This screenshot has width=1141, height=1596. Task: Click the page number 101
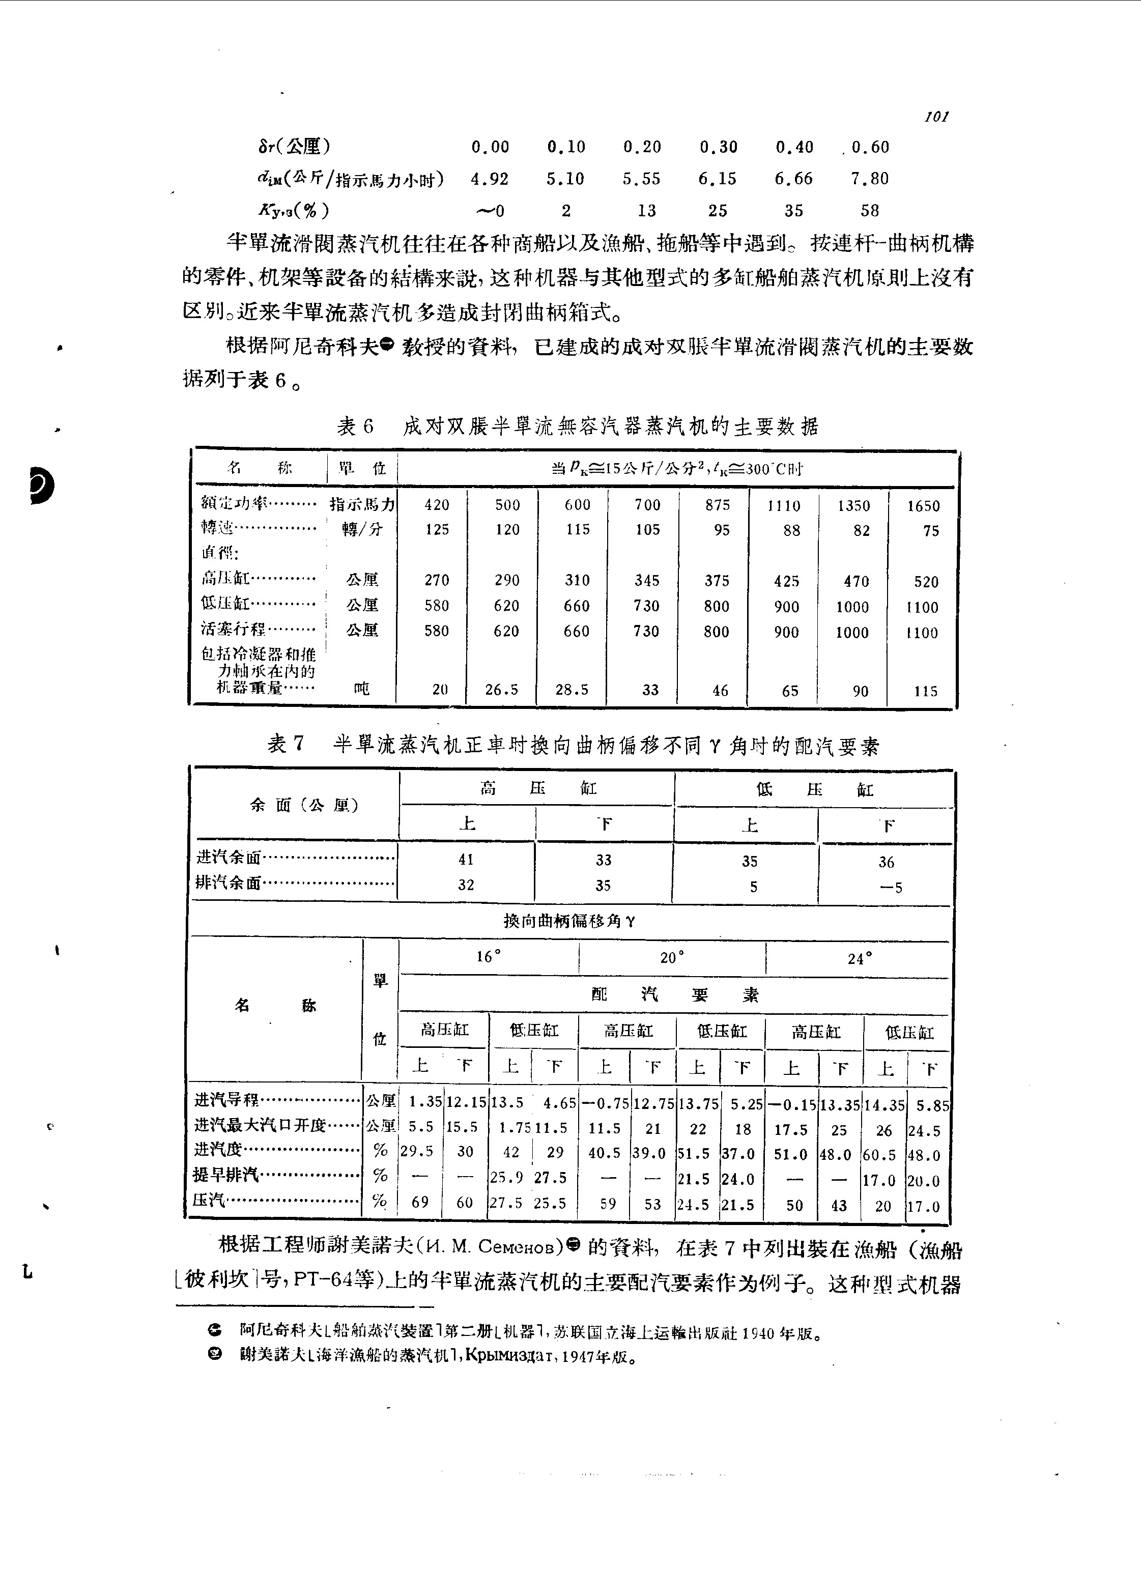936,117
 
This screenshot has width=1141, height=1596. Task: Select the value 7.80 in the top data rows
869,179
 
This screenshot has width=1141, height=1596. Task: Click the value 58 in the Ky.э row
869,211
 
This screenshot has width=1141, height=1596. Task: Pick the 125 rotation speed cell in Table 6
437,530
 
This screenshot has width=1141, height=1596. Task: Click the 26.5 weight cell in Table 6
502,690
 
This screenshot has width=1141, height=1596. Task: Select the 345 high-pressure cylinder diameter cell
646,581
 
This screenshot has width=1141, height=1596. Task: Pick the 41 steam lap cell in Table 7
466,859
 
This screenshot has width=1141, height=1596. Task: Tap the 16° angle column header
488,957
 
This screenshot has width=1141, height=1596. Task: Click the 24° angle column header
859,959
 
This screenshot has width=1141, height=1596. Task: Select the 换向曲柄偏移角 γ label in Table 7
569,921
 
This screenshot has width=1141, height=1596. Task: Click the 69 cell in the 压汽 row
420,1202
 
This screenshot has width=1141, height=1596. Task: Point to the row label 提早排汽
226,1175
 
